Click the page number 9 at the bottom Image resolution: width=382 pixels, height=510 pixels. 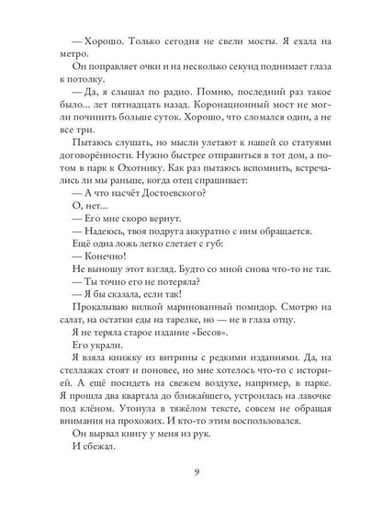[x=191, y=474]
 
